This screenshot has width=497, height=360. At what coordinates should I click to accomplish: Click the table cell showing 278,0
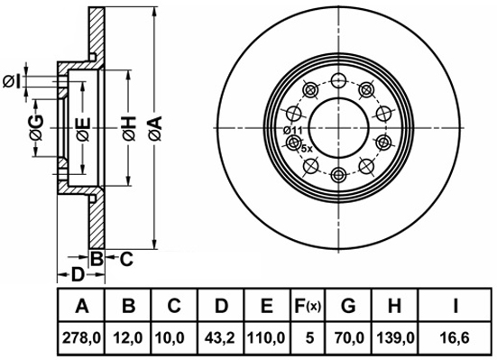point(81,337)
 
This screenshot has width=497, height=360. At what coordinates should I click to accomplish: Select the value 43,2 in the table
point(220,337)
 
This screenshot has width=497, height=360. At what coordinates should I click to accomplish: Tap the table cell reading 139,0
point(395,337)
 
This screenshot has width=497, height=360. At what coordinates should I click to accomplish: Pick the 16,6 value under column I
point(456,337)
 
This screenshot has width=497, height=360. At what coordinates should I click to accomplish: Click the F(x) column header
point(308,306)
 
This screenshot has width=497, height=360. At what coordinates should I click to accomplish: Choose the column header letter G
point(348,306)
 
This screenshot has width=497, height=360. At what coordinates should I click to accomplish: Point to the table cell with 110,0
point(266,337)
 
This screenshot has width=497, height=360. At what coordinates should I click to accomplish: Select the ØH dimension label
point(129,128)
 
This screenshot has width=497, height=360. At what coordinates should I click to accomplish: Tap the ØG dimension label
point(36,127)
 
